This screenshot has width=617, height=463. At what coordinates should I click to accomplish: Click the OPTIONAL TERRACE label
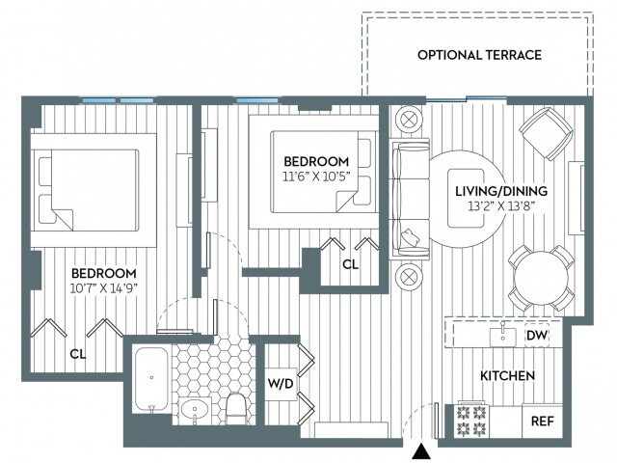[x=479, y=55]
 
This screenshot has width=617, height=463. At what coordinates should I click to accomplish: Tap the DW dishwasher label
[x=538, y=336]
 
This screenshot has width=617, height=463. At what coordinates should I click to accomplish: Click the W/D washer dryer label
[x=280, y=384]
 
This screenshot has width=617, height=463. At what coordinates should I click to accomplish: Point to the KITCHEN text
[x=507, y=374]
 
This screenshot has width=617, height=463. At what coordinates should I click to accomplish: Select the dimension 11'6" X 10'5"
[x=315, y=177]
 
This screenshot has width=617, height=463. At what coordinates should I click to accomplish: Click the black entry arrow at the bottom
[x=419, y=450]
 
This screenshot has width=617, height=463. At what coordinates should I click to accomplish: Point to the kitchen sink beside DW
[x=501, y=336]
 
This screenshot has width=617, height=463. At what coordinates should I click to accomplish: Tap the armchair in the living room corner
[x=545, y=135]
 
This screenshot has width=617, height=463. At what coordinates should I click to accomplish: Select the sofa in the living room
[x=408, y=198]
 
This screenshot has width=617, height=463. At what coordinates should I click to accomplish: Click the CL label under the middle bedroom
[x=351, y=264]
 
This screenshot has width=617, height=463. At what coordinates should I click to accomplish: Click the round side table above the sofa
[x=408, y=119]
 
